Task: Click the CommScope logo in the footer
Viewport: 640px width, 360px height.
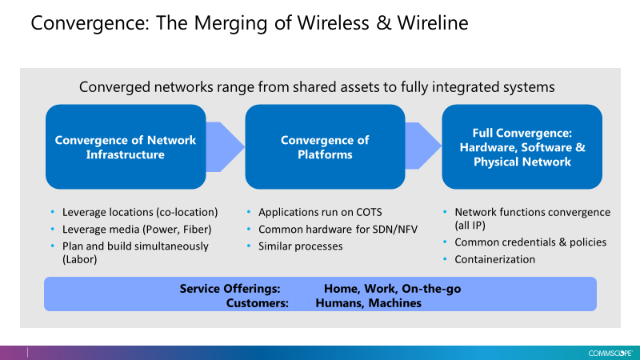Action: tap(610, 353)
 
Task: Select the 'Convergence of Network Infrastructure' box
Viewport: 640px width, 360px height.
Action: tap(126, 147)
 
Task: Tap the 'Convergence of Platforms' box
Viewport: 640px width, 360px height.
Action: tap(325, 147)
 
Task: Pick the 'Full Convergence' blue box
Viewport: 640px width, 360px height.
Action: tap(522, 147)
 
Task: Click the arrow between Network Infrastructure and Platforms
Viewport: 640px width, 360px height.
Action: tap(226, 147)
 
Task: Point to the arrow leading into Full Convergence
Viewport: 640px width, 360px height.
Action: tap(424, 146)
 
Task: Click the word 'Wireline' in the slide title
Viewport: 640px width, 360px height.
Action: tap(433, 23)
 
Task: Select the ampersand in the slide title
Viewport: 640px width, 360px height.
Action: tap(383, 23)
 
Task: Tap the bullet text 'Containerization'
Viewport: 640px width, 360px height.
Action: tap(494, 259)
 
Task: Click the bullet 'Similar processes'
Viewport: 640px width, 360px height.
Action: tap(301, 246)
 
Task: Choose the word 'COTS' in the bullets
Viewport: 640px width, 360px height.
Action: tap(369, 212)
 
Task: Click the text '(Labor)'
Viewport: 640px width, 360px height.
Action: tap(79, 259)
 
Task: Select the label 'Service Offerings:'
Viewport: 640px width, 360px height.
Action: tap(230, 289)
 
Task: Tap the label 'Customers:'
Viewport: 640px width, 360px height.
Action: tap(257, 303)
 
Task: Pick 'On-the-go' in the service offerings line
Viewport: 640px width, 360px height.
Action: tap(431, 289)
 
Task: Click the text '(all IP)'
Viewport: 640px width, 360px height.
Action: tap(470, 226)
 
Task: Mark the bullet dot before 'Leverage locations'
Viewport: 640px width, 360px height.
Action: tap(52, 212)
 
